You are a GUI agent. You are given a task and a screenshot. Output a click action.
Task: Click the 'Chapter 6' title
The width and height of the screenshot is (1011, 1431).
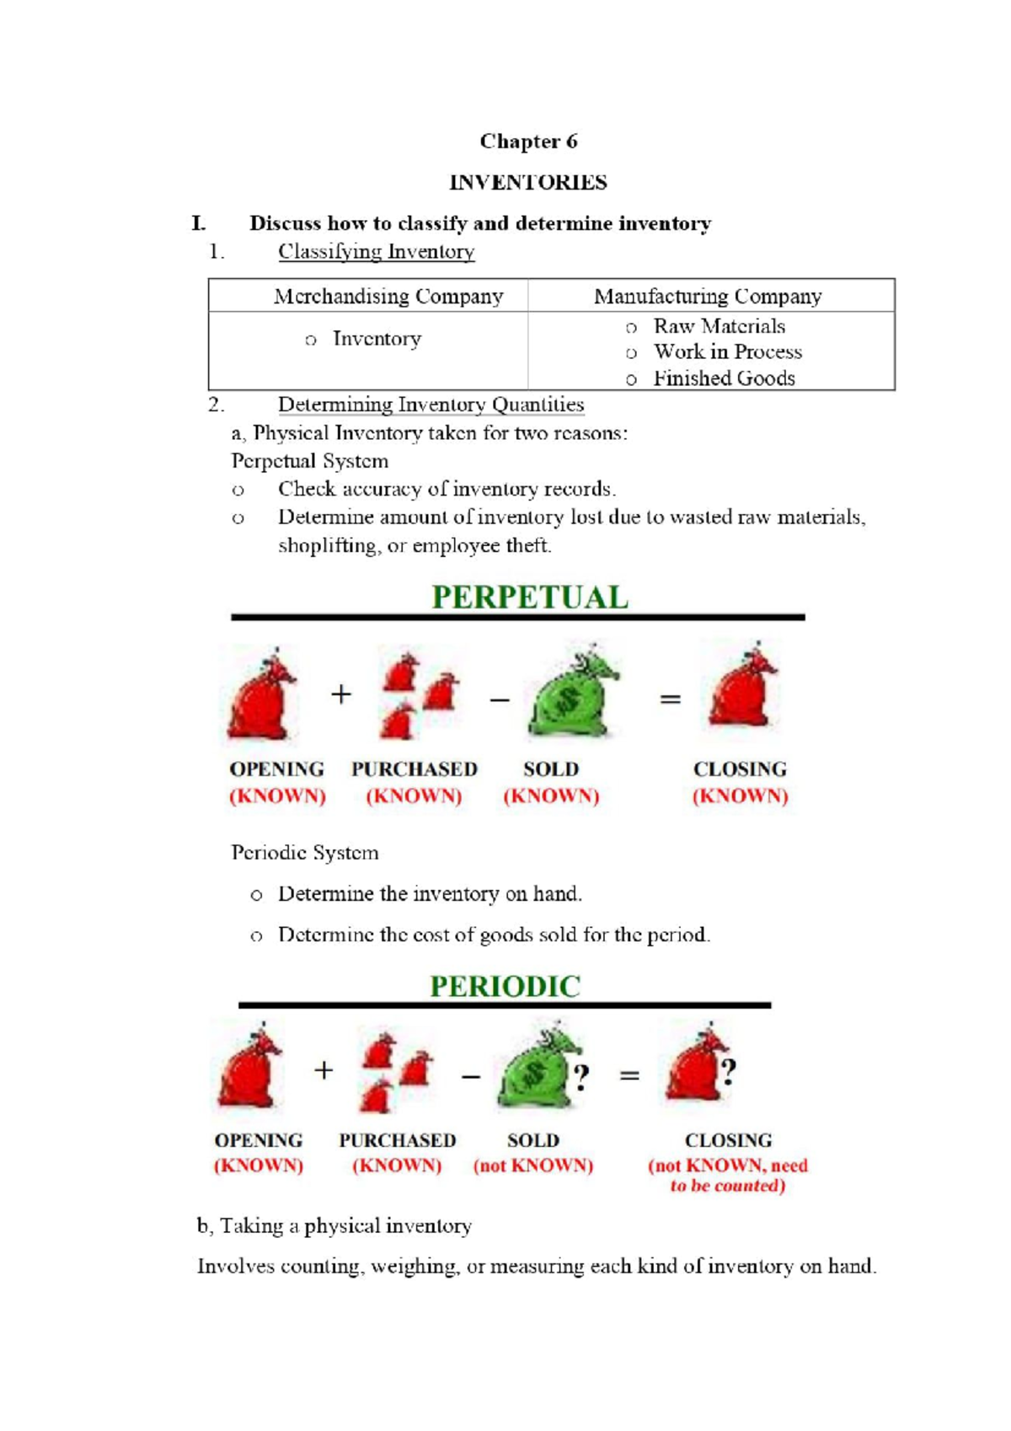(x=528, y=142)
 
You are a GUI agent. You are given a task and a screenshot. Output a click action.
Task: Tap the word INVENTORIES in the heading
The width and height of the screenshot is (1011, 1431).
(x=528, y=183)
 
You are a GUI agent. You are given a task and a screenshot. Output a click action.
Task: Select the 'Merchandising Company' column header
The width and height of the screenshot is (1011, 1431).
(x=388, y=297)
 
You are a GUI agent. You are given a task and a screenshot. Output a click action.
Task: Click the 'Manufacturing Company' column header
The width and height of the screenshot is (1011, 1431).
(x=707, y=297)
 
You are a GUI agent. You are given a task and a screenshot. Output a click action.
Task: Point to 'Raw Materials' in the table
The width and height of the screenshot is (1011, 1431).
(x=719, y=327)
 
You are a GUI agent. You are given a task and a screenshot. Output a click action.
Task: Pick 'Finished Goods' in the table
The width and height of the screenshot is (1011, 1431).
(x=724, y=378)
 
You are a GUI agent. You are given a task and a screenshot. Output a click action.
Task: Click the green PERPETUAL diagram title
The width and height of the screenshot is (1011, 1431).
(x=530, y=598)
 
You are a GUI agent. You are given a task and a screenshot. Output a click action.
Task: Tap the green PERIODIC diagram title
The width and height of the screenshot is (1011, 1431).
(x=505, y=986)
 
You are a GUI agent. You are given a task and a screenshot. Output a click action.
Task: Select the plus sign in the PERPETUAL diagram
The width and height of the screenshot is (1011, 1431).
(x=340, y=694)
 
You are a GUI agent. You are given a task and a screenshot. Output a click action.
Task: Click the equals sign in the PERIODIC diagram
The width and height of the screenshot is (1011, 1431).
(x=629, y=1075)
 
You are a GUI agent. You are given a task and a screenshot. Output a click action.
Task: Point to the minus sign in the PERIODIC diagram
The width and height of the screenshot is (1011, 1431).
(x=470, y=1076)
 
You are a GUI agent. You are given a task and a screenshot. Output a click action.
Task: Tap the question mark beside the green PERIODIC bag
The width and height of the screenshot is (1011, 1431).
(x=580, y=1076)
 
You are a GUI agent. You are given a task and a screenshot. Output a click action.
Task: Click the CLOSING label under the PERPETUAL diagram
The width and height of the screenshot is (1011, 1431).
(x=740, y=769)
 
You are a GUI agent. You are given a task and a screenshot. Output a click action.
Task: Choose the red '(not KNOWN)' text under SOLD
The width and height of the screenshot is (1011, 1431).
(x=533, y=1166)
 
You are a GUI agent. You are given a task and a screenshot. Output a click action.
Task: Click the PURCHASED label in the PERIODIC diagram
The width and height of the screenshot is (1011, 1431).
(x=397, y=1140)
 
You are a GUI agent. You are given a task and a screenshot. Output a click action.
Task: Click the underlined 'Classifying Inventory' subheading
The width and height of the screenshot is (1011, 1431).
(x=376, y=252)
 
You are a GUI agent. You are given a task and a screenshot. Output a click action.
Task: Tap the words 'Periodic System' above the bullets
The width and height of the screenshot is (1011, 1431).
(x=304, y=853)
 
